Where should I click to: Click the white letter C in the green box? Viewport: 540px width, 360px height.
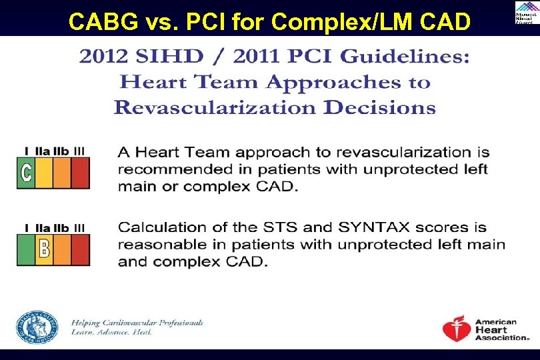click(x=26, y=173)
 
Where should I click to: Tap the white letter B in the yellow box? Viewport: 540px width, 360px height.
click(x=44, y=249)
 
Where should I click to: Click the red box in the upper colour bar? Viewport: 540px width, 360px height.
click(x=80, y=173)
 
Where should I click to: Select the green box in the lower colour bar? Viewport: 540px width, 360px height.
click(x=26, y=249)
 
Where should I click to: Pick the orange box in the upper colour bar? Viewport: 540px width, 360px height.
click(x=62, y=173)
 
